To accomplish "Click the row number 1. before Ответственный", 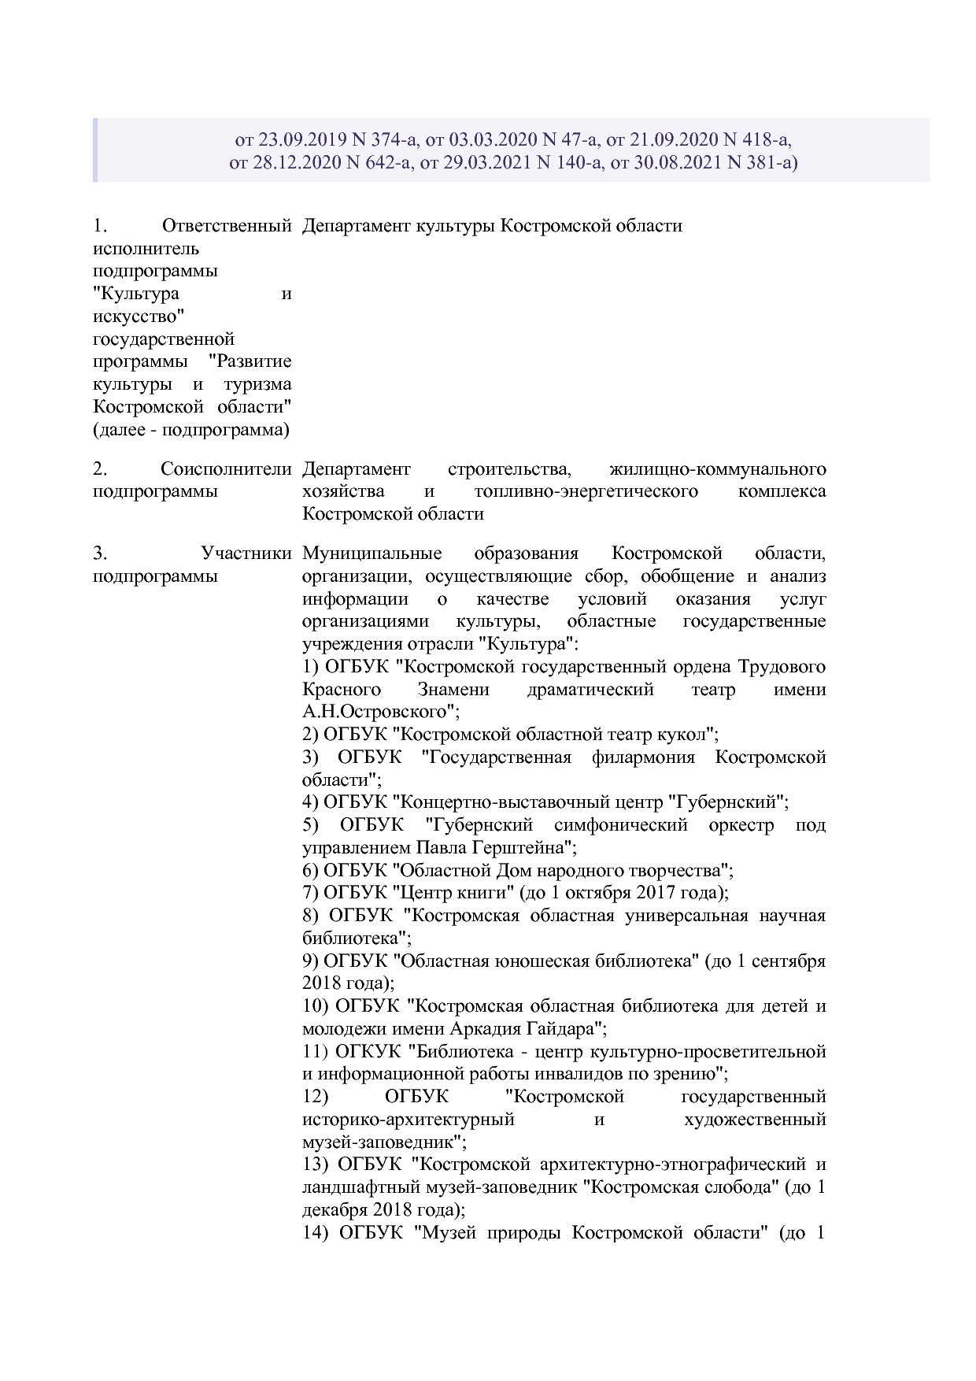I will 99,226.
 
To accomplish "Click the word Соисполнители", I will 226,469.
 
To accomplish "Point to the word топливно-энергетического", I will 586,491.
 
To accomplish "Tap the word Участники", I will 246,554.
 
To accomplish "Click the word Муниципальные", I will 372,554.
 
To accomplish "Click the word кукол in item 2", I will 683,735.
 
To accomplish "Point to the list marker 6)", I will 310,871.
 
